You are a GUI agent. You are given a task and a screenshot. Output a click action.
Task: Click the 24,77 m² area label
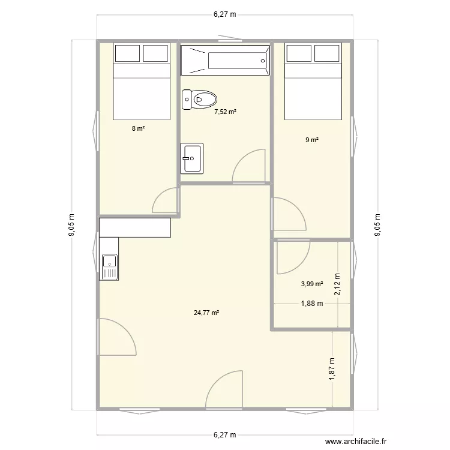point(206,313)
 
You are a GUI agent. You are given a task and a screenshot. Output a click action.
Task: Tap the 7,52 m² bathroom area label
point(225,111)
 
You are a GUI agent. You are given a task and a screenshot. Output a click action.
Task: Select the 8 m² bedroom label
point(139,128)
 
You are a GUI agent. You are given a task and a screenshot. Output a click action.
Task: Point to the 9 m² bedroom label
point(311,140)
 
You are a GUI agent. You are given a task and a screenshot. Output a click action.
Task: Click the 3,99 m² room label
point(312,284)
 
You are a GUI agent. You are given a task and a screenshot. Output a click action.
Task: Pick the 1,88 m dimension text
point(311,304)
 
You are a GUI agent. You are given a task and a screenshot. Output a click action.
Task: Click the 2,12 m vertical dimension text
point(337,284)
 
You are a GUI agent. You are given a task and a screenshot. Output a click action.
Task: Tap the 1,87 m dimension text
point(332,368)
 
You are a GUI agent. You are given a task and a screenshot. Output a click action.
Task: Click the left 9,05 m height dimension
point(72,226)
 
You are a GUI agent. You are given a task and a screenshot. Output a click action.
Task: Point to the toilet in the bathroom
point(200,99)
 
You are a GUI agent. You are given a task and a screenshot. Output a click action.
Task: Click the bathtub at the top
point(225,60)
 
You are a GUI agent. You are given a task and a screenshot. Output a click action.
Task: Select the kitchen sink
point(110,267)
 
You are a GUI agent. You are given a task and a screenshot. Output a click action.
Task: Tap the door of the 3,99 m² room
point(292,254)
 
